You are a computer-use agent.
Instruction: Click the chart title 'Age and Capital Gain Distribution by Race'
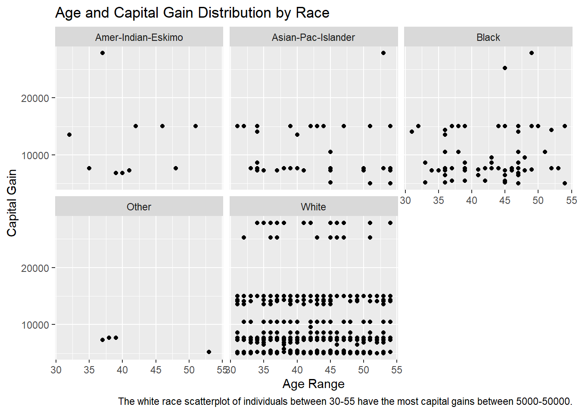click(192, 13)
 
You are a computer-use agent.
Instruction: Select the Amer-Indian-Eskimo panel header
click(139, 37)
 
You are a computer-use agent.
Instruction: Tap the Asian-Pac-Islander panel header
click(313, 37)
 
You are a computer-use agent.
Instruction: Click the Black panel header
click(488, 37)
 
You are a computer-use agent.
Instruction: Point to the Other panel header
click(139, 207)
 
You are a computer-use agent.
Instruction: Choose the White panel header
click(313, 207)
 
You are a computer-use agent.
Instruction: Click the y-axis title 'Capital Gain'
click(12, 203)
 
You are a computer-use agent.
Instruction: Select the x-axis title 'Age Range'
click(313, 384)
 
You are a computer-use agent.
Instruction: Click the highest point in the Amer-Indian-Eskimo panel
click(103, 53)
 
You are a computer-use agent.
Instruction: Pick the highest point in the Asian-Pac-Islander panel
click(383, 53)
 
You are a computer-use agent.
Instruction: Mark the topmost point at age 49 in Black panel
click(532, 53)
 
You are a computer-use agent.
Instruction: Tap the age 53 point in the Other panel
click(209, 352)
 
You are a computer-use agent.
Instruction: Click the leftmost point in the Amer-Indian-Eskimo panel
click(69, 135)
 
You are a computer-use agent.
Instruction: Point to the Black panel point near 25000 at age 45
click(505, 68)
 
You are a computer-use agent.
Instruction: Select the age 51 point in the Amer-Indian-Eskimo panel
click(196, 126)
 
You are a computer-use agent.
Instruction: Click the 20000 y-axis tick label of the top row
click(35, 99)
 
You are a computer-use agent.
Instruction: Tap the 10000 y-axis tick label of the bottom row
click(35, 325)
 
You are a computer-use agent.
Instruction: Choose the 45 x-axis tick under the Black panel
click(505, 200)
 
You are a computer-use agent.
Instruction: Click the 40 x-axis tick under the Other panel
click(122, 370)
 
